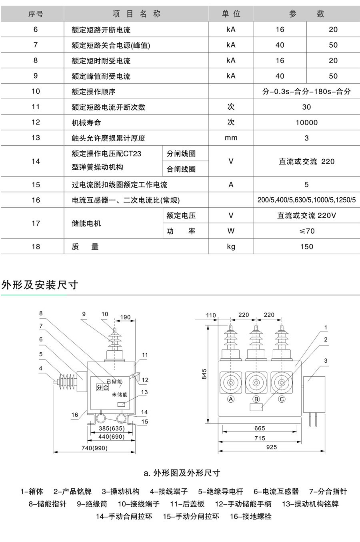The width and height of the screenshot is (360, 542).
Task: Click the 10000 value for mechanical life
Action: pos(306,122)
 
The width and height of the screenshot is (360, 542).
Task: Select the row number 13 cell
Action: pos(36,138)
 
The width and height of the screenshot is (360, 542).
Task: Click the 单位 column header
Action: pos(231,14)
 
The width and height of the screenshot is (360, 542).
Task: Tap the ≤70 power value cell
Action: pos(306,231)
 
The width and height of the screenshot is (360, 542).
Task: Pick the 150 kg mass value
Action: pos(306,247)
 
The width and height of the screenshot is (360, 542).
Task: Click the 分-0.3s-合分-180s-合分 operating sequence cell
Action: pos(306,91)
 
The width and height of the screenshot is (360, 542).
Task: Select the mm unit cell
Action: pos(231,138)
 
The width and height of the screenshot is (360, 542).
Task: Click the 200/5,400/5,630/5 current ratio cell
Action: pos(306,200)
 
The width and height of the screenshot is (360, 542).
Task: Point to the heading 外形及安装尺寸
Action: pos(40,285)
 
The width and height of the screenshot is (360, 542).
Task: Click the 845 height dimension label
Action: pos(204,374)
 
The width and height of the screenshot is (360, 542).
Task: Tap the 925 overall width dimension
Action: pos(272,447)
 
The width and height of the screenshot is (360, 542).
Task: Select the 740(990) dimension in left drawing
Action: pos(94,448)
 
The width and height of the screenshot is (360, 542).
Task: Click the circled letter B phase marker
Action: pos(256,399)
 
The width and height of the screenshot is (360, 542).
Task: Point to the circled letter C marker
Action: pos(282,399)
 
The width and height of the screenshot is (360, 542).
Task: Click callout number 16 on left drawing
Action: pos(74,415)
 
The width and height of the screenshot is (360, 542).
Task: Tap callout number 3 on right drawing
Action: pos(326,361)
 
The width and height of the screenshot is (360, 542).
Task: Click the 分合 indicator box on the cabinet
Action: pos(102,387)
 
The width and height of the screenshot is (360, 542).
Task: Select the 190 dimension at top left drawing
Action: pos(125,317)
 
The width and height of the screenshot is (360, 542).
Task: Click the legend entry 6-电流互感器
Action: pos(276,491)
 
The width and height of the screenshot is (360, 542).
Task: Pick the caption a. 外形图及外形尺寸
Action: pos(182,473)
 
